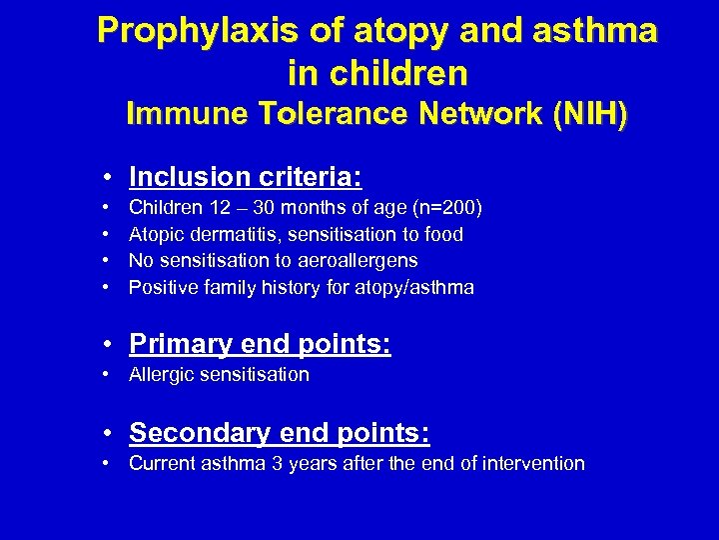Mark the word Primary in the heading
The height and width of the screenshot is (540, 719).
(176, 345)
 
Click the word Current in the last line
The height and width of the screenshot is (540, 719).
(160, 463)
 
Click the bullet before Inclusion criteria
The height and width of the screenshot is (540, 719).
(106, 179)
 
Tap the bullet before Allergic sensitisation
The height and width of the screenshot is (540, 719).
(106, 375)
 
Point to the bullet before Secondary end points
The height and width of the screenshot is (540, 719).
(106, 434)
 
